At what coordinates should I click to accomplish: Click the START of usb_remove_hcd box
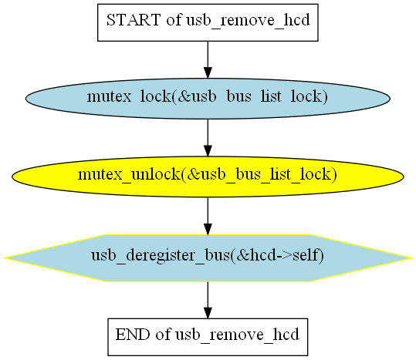click(x=208, y=22)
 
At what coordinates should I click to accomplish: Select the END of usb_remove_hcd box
click(x=208, y=337)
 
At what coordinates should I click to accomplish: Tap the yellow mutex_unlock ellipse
click(x=208, y=177)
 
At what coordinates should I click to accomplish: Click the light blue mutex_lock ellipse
click(x=208, y=99)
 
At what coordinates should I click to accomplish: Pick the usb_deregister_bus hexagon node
click(x=208, y=257)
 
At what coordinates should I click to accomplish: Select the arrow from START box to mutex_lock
click(x=208, y=60)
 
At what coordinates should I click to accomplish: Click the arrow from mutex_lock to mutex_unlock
click(x=208, y=138)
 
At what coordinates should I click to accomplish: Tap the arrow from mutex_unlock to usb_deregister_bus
click(x=208, y=216)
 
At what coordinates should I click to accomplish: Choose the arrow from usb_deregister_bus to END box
click(x=208, y=300)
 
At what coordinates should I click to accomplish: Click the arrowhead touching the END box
click(x=208, y=313)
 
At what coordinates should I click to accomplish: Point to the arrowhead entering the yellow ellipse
click(x=208, y=151)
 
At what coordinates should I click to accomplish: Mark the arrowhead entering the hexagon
click(x=208, y=229)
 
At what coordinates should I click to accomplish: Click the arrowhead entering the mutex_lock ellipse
click(x=208, y=72)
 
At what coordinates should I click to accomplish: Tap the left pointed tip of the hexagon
click(x=3, y=257)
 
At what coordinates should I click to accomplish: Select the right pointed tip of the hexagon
click(x=413, y=257)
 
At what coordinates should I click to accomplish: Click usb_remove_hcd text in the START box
click(x=248, y=20)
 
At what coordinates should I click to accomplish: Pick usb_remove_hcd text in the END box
click(x=237, y=335)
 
